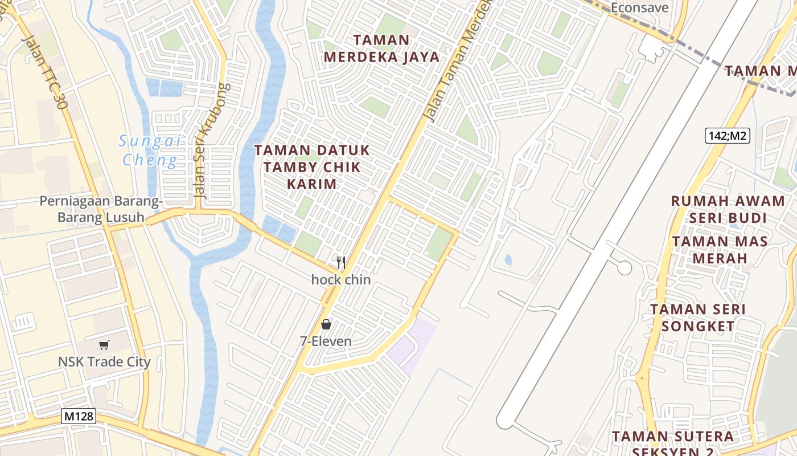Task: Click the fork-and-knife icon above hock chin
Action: click(x=341, y=263)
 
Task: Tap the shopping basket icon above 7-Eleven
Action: click(x=326, y=324)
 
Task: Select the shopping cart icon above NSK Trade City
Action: click(x=104, y=345)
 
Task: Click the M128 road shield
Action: click(x=79, y=417)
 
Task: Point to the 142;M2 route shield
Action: click(x=727, y=136)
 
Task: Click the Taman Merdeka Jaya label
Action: click(x=381, y=48)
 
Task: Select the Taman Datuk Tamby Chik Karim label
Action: click(x=311, y=167)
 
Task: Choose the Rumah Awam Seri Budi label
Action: click(x=728, y=209)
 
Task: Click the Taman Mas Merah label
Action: click(x=719, y=250)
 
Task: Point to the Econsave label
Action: click(x=639, y=8)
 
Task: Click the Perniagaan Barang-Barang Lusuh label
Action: click(x=101, y=209)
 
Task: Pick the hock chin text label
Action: click(x=341, y=280)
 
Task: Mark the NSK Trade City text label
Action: click(x=104, y=362)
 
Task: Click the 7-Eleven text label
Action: click(x=326, y=341)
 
